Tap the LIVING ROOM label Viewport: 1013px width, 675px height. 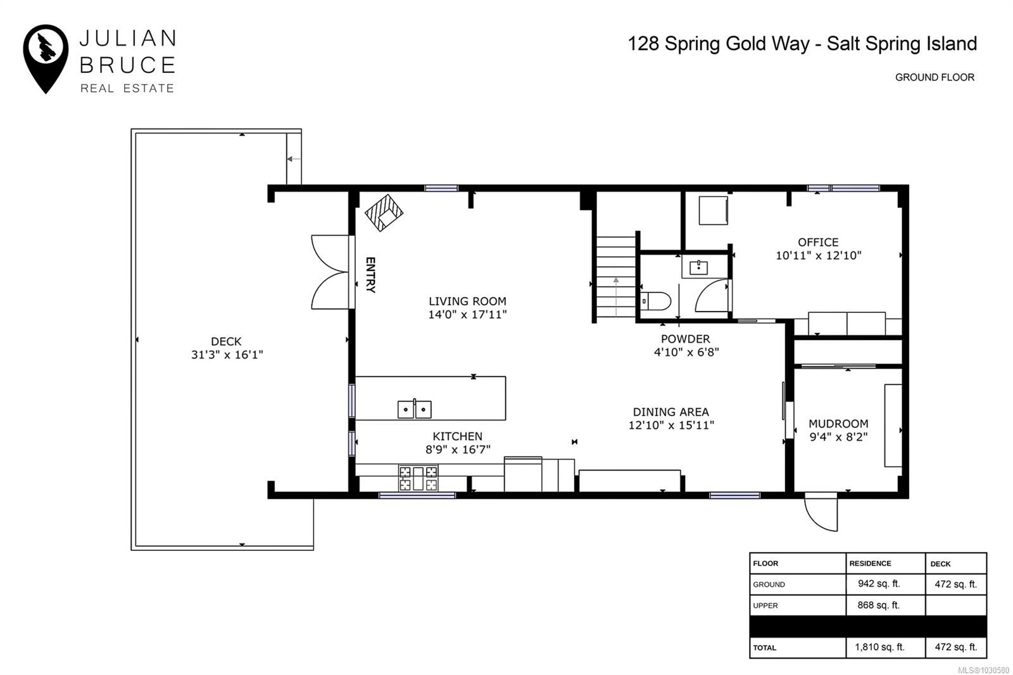(x=467, y=301)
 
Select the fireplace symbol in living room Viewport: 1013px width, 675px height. (x=384, y=212)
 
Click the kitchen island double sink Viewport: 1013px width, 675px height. (x=414, y=409)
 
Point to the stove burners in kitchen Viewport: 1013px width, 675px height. (x=418, y=478)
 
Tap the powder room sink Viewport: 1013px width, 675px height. (x=699, y=267)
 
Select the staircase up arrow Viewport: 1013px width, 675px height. (x=615, y=296)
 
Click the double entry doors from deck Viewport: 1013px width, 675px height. (x=330, y=272)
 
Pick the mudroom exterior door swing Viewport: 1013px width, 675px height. (x=821, y=512)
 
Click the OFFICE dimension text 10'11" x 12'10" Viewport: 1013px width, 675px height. (x=818, y=256)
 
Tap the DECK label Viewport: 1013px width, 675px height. (x=226, y=341)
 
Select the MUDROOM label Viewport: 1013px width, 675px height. (x=838, y=424)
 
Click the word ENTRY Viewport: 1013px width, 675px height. (x=371, y=275)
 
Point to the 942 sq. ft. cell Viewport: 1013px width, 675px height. (x=878, y=584)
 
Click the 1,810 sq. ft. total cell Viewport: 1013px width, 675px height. (x=880, y=647)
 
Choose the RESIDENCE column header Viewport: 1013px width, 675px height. (x=870, y=563)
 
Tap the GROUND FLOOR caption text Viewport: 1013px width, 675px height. (x=934, y=77)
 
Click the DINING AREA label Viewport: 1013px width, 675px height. (x=670, y=412)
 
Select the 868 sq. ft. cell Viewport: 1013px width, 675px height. (x=878, y=605)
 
